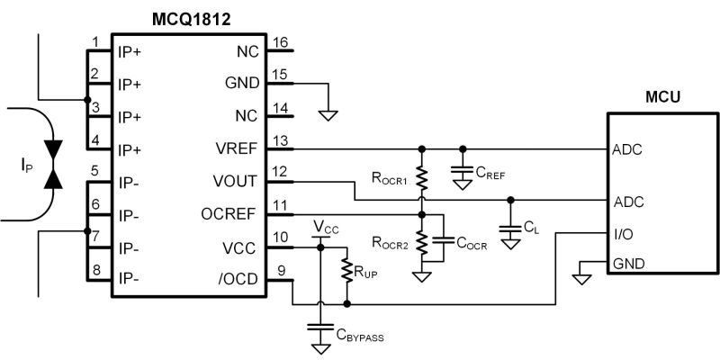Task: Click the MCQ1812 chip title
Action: point(191,20)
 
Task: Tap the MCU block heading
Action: point(662,97)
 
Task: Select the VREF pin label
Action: point(237,149)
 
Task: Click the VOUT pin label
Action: point(236,182)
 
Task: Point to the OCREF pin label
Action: point(229,214)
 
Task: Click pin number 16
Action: point(280,42)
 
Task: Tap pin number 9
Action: point(281,271)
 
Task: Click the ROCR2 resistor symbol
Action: point(421,243)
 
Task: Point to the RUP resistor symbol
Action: point(346,271)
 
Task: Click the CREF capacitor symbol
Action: point(463,170)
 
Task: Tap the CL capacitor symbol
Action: point(510,229)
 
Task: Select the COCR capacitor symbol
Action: point(443,239)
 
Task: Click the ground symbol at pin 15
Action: point(328,115)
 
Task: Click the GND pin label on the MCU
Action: point(628,264)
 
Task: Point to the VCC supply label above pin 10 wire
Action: point(326,227)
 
